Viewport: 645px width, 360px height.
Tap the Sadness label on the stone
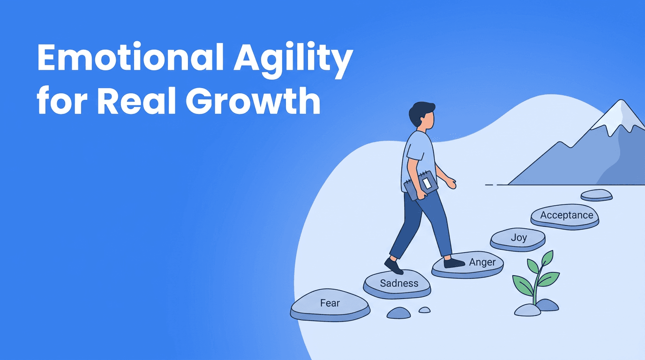click(x=399, y=283)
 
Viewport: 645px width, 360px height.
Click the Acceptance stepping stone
click(x=566, y=216)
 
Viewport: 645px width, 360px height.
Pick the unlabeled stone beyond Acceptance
click(x=596, y=194)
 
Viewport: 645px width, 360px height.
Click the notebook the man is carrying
click(x=420, y=186)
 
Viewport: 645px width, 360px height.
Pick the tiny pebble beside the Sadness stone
click(x=424, y=310)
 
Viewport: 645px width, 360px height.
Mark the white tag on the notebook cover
click(x=426, y=182)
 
